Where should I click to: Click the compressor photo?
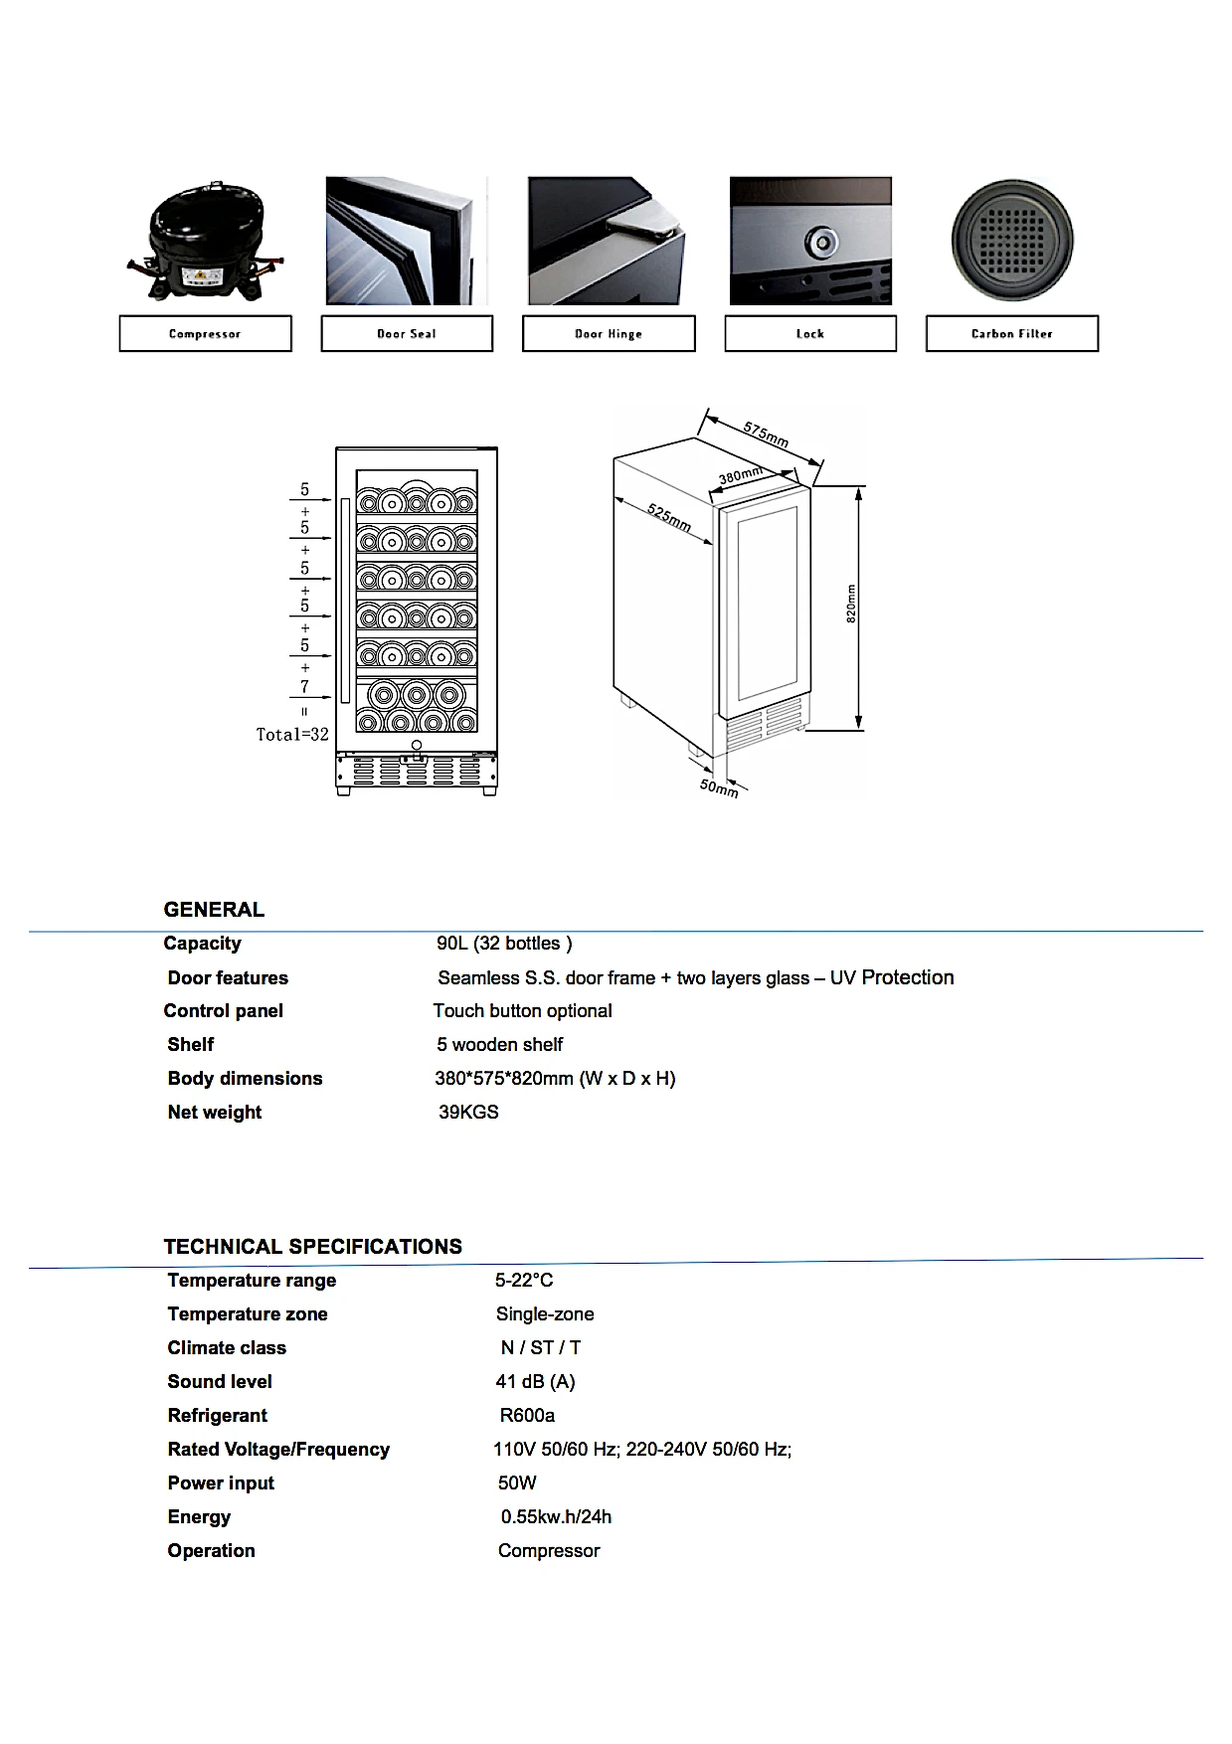tap(205, 242)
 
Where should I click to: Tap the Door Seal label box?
tap(407, 334)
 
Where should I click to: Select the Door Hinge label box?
tap(609, 334)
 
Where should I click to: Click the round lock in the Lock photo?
tap(821, 241)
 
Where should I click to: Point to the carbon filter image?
tap(1012, 241)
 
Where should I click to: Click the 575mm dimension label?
tap(766, 434)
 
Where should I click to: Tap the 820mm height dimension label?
tap(851, 603)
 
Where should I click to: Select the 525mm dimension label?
tap(669, 517)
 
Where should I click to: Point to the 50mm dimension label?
tap(719, 787)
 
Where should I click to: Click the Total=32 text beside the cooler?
tap(292, 735)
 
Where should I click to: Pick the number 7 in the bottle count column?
tap(304, 687)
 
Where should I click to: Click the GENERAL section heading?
tap(214, 910)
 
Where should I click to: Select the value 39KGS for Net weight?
tap(468, 1113)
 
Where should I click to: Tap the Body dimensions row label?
tap(245, 1079)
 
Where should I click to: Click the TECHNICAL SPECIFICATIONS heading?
tap(312, 1247)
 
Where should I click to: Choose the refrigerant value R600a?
tap(527, 1416)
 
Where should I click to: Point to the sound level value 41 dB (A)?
tap(535, 1382)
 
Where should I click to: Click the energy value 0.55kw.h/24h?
tap(556, 1517)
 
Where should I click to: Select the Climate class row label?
tap(227, 1348)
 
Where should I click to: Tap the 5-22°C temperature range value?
tap(524, 1281)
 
